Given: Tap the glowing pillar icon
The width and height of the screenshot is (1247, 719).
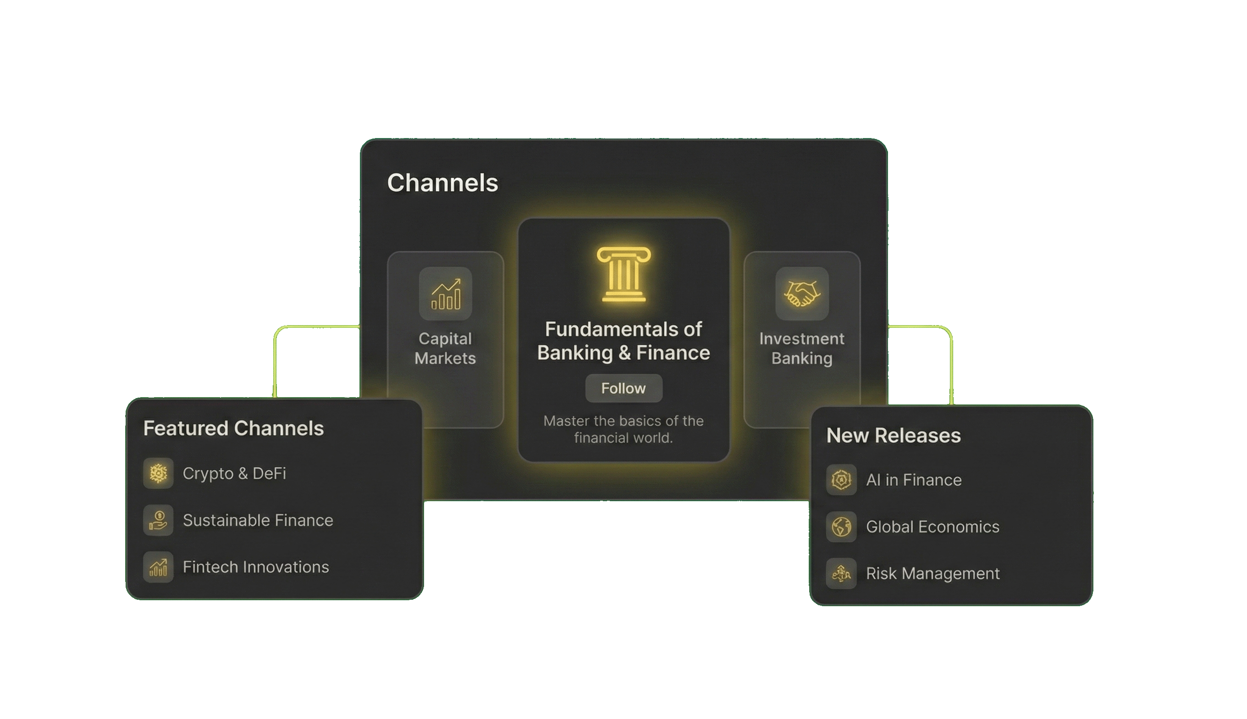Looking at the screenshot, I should [623, 274].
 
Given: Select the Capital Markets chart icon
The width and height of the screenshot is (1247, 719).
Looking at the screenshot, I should [445, 294].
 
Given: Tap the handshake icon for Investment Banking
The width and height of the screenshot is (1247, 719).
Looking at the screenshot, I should [802, 294].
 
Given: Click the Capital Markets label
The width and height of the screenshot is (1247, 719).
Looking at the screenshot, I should [445, 348].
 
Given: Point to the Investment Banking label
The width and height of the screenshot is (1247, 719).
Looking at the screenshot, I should [802, 348].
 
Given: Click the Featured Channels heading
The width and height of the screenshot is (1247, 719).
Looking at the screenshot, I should [233, 428].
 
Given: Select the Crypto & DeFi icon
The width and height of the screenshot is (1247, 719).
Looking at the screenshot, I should [159, 473].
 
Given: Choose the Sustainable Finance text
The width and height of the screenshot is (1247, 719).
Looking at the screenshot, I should [258, 520].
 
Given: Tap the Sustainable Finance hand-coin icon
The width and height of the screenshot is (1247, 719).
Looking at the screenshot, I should [159, 520].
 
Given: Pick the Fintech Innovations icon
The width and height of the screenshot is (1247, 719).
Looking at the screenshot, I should [159, 567].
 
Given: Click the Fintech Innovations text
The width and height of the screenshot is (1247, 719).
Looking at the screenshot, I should [256, 567].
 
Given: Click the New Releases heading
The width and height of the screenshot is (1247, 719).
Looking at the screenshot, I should [894, 436].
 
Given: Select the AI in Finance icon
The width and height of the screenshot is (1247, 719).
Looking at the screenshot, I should [841, 480].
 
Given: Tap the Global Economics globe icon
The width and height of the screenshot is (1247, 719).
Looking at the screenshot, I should [841, 526].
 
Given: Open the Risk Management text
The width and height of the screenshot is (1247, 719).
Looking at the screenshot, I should [932, 573].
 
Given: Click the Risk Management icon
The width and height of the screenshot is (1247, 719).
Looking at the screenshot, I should [841, 573].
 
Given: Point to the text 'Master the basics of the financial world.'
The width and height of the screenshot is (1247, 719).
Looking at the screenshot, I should [623, 429].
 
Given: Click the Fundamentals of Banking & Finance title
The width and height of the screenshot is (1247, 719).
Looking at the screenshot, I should [623, 341].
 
